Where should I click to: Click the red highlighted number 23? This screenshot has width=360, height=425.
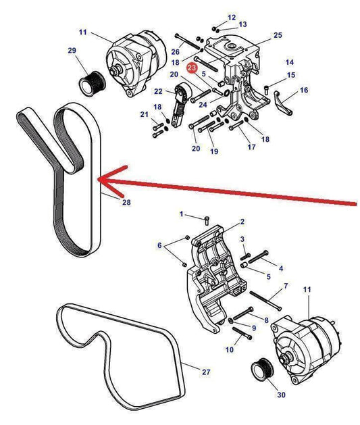192,68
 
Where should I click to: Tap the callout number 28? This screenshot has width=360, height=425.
126,202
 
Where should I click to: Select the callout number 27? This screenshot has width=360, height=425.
206,372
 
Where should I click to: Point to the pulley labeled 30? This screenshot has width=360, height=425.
263,370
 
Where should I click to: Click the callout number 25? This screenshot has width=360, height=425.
278,35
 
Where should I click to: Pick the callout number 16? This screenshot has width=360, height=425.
304,90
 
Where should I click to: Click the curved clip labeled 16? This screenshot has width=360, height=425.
282,103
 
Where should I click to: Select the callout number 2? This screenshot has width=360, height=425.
242,222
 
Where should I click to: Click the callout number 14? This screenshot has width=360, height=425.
290,62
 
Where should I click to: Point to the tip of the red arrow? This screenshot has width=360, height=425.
97,179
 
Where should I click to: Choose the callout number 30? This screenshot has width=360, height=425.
281,395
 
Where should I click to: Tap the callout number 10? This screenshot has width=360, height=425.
230,349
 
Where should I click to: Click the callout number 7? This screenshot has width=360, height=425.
286,285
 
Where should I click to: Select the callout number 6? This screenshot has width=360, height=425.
159,245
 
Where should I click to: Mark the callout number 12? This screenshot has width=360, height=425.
232,18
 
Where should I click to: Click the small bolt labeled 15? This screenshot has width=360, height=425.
267,89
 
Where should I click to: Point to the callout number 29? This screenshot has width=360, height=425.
72,51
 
